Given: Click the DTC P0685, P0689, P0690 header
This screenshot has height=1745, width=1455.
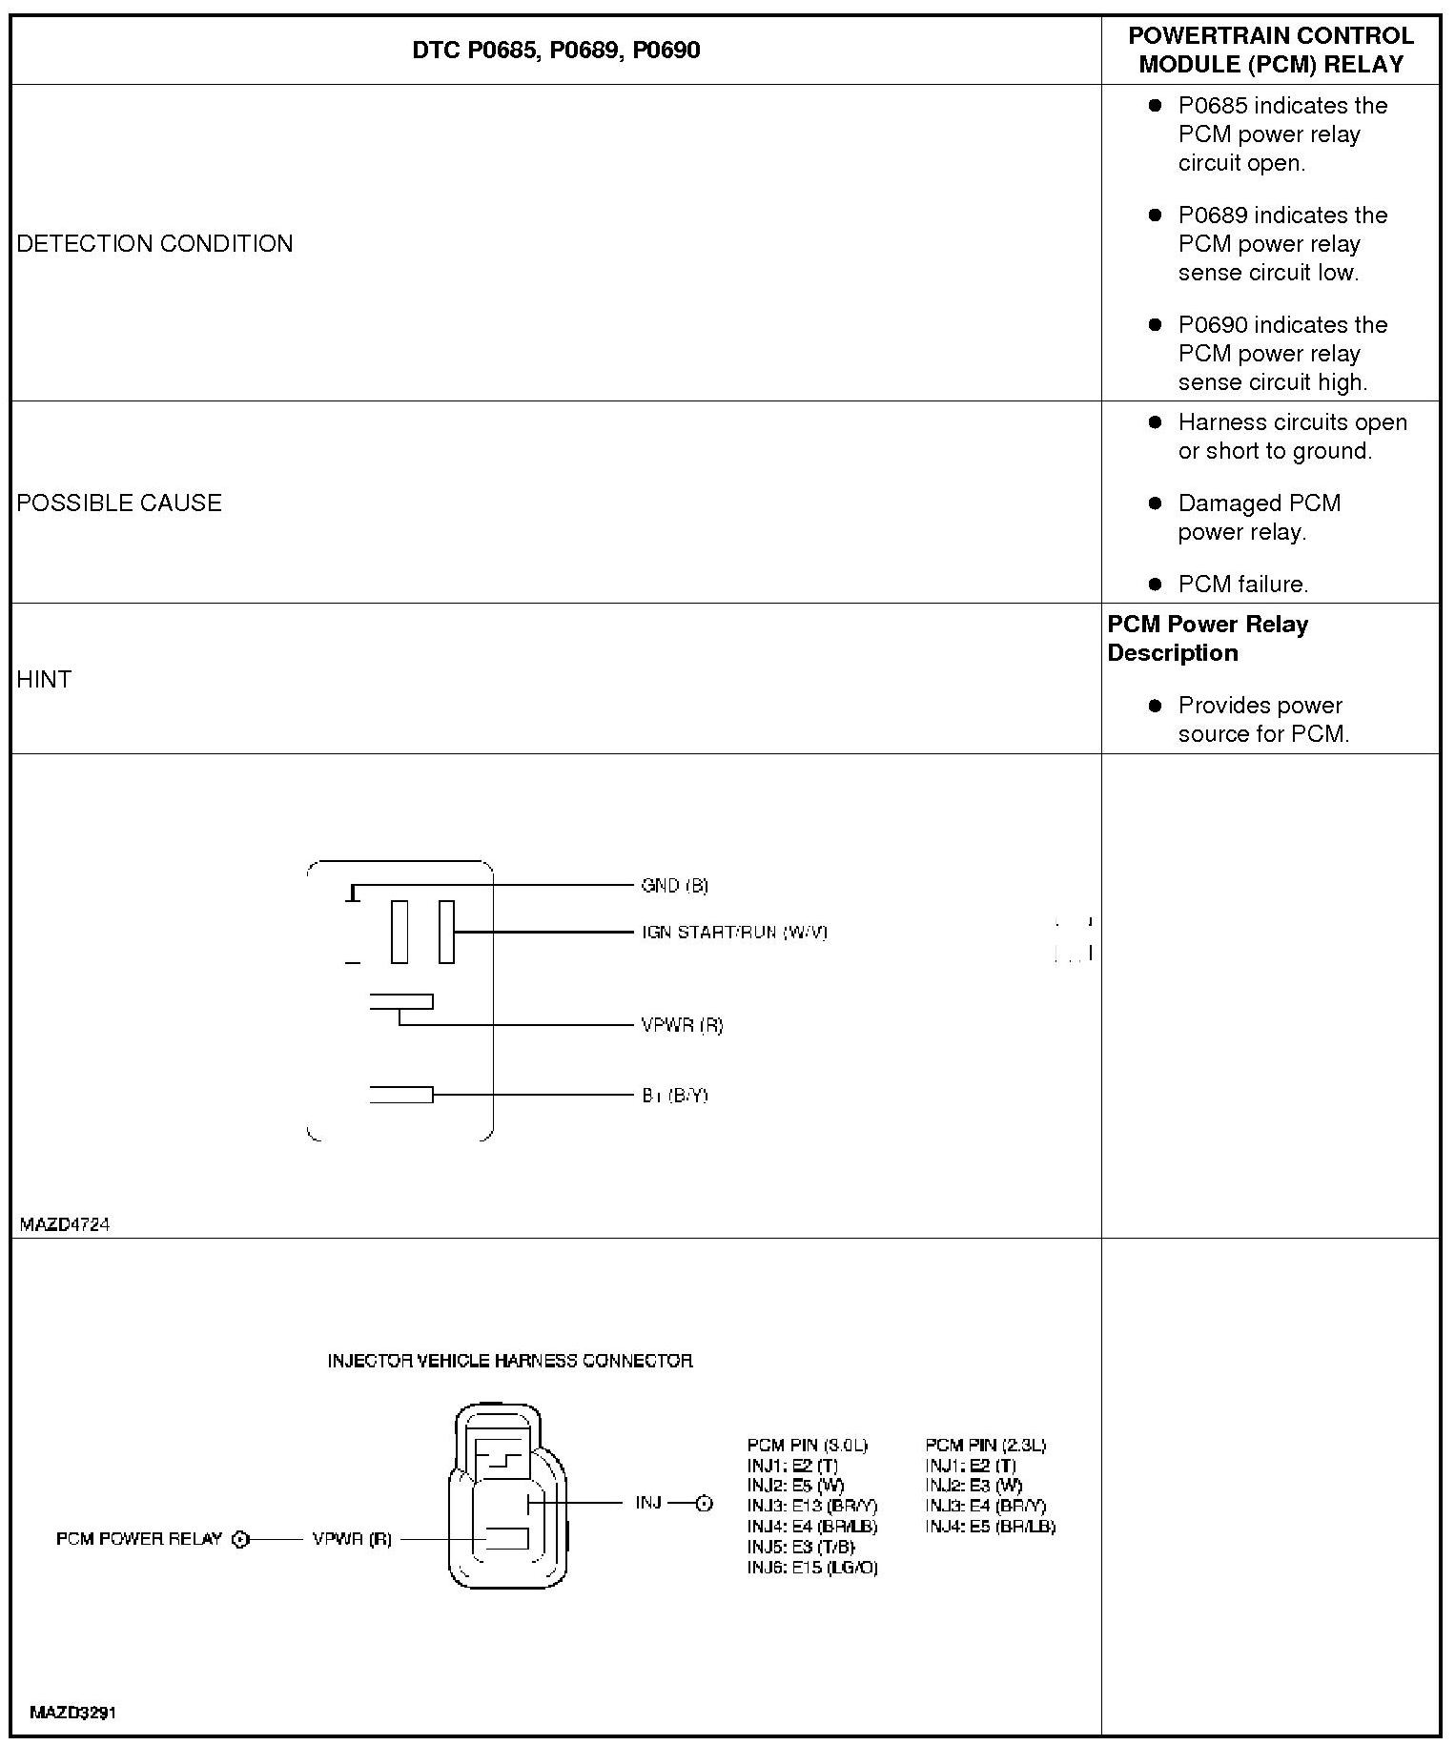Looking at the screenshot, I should point(556,50).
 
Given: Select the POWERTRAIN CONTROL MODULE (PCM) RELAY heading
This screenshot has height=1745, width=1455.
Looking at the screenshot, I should point(1270,50).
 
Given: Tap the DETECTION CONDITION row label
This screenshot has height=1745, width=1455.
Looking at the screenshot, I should point(154,243).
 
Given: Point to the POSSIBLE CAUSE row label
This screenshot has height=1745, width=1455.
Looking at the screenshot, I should point(119,503).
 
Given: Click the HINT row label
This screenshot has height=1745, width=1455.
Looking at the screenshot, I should point(44,679).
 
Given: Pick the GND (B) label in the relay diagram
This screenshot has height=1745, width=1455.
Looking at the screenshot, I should point(674,885).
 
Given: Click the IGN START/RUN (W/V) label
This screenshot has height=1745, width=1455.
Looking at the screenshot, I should point(734,932).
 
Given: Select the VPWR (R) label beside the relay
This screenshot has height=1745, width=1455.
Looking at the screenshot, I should point(682,1025).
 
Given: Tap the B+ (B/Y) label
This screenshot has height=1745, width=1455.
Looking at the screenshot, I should point(674,1095).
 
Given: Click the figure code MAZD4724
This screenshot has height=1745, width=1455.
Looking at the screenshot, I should point(65,1224).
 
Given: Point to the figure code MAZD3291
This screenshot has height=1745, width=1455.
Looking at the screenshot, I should point(72,1712).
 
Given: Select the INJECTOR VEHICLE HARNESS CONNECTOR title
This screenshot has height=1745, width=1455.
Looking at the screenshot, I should point(510,1360).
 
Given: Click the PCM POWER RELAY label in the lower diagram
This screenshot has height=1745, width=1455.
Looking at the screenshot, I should point(139,1538).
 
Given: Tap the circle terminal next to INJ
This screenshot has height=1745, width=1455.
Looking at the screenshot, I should point(704,1504).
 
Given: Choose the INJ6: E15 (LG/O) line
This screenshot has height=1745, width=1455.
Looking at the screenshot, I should point(812,1567).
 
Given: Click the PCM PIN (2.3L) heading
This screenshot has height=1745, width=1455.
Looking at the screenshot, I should point(985,1445).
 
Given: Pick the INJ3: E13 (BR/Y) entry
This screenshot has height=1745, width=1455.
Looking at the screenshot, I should point(812,1506).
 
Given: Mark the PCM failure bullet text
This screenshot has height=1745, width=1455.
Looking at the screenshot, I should point(1242,584).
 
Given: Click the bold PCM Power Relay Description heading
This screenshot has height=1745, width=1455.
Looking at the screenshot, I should point(1207,638).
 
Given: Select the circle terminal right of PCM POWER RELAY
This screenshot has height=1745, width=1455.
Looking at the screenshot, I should point(241,1538).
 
